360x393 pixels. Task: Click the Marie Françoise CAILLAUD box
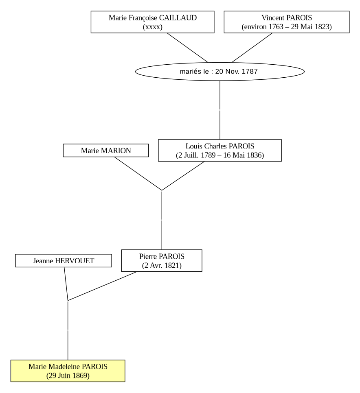click(x=153, y=22)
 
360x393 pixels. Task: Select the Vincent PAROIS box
click(x=287, y=22)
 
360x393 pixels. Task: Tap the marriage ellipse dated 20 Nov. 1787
click(x=220, y=72)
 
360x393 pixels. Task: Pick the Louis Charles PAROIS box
click(x=220, y=151)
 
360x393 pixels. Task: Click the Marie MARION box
click(x=106, y=151)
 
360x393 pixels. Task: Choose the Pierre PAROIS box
click(x=162, y=261)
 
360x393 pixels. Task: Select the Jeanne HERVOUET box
click(x=64, y=261)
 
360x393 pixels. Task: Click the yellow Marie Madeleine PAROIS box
click(x=68, y=371)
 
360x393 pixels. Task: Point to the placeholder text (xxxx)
click(x=153, y=27)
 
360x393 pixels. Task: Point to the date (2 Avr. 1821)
click(x=162, y=265)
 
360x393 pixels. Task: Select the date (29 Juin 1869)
click(x=68, y=376)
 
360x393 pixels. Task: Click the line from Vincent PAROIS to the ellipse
click(x=252, y=48)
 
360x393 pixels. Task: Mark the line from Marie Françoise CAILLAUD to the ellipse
click(x=187, y=48)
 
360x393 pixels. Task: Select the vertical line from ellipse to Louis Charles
click(x=220, y=110)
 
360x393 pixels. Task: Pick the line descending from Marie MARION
click(x=138, y=174)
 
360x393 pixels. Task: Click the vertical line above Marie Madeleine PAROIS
click(x=68, y=330)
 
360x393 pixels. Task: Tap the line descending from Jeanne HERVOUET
click(x=66, y=284)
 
